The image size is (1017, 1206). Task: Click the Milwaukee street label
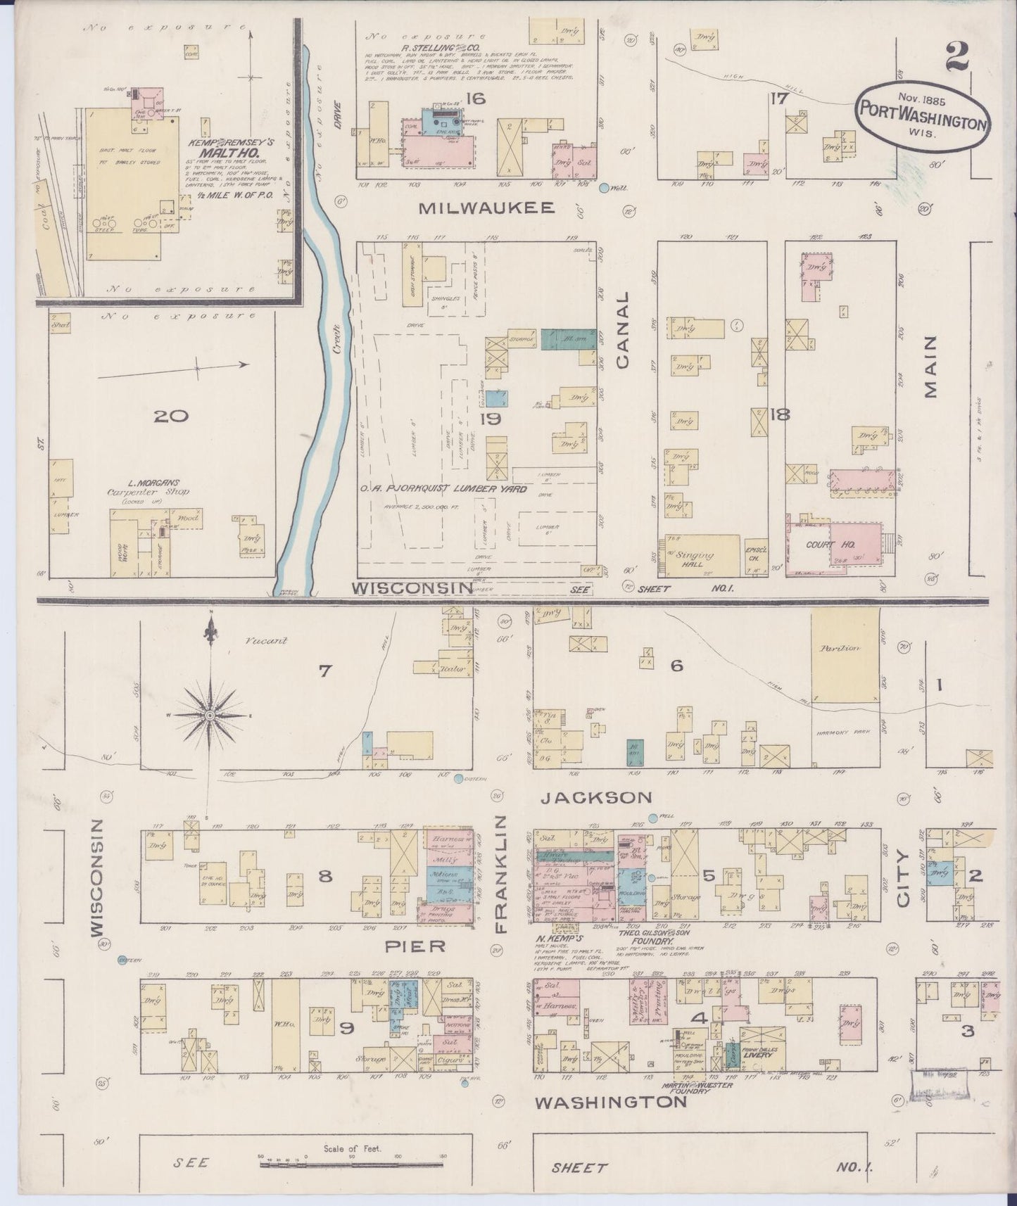coord(488,207)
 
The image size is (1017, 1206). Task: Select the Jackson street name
coord(607,797)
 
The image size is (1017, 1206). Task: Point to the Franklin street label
coord(502,875)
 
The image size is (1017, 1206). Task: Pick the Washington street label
coord(610,1102)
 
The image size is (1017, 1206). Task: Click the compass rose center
coord(209,715)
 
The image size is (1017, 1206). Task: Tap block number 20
coord(172,416)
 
